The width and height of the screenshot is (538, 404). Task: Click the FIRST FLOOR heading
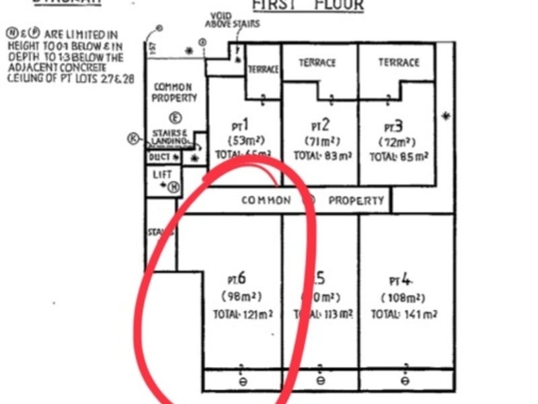[x=307, y=5]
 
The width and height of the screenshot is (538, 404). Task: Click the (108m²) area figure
[x=402, y=298]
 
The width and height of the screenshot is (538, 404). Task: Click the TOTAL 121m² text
[x=243, y=314]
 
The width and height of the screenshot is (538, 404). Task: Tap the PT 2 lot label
[x=320, y=125]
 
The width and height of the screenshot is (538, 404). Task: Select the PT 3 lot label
[x=393, y=126]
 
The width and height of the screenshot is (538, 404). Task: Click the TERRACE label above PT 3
[x=398, y=63]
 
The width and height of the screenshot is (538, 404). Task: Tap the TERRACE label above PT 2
[x=317, y=63]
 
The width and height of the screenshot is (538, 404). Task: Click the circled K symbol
[x=133, y=139]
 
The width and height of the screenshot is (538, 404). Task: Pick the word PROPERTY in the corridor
[x=356, y=201]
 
